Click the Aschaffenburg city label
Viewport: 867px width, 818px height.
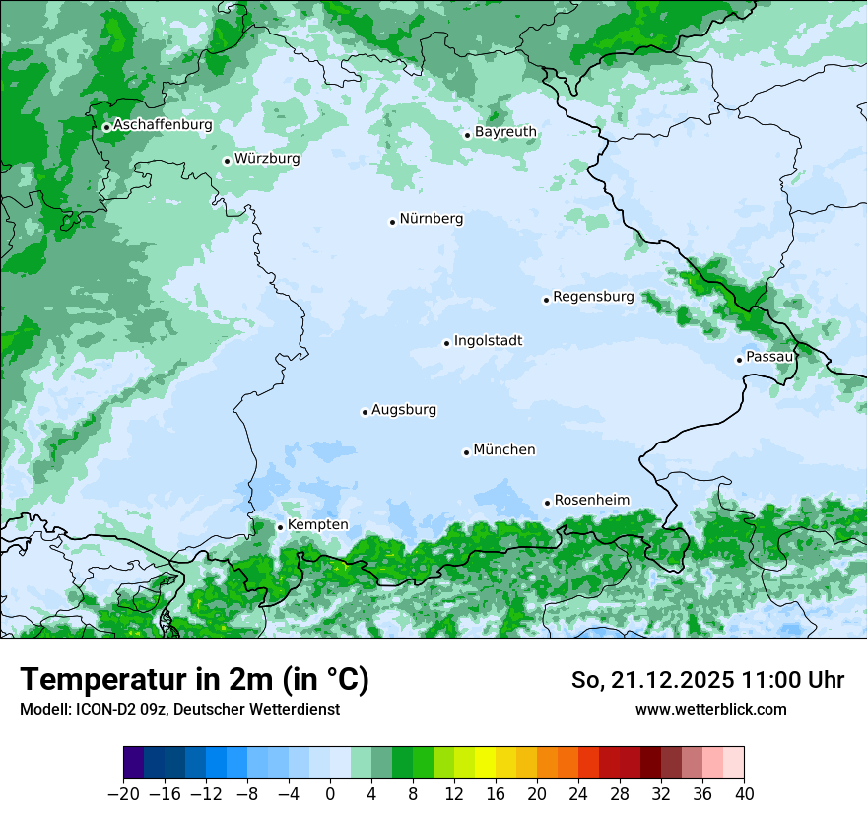(x=163, y=125)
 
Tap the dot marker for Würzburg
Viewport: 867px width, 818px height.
(x=227, y=161)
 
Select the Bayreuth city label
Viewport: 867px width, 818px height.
(x=505, y=132)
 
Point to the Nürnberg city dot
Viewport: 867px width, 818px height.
(x=392, y=222)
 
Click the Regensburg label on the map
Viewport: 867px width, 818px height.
(x=593, y=297)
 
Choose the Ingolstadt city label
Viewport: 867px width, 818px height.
(x=488, y=341)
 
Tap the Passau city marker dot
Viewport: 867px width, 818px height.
(x=739, y=360)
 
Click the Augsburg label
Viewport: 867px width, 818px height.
(x=404, y=410)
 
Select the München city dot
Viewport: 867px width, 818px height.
(x=466, y=452)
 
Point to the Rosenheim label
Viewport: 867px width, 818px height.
(x=591, y=501)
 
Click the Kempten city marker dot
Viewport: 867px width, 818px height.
(x=280, y=527)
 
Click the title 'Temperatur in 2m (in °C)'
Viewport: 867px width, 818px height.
(x=194, y=680)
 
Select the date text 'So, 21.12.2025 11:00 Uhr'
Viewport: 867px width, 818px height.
(x=707, y=680)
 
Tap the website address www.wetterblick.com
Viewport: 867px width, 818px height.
(x=710, y=710)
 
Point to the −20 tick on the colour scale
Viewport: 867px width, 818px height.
(x=124, y=794)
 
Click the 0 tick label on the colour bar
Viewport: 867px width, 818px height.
(x=330, y=794)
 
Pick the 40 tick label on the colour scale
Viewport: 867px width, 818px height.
(x=744, y=794)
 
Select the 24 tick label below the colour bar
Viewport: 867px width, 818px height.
(x=578, y=794)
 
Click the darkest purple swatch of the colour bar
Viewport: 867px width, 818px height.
(x=134, y=763)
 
